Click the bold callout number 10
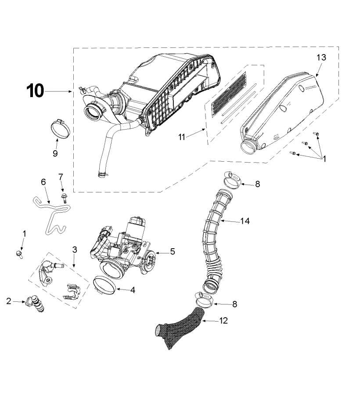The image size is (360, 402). [x=35, y=91]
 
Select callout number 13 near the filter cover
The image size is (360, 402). [x=321, y=58]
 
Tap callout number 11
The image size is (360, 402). [x=182, y=138]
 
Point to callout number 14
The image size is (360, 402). [x=245, y=221]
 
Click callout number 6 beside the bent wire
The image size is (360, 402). [x=43, y=182]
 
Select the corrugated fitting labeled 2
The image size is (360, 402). [x=36, y=304]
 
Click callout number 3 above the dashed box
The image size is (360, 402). [x=74, y=250]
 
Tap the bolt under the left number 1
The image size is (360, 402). [x=19, y=254]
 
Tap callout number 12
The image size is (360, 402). [x=223, y=320]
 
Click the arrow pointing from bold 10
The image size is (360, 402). [x=58, y=91]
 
